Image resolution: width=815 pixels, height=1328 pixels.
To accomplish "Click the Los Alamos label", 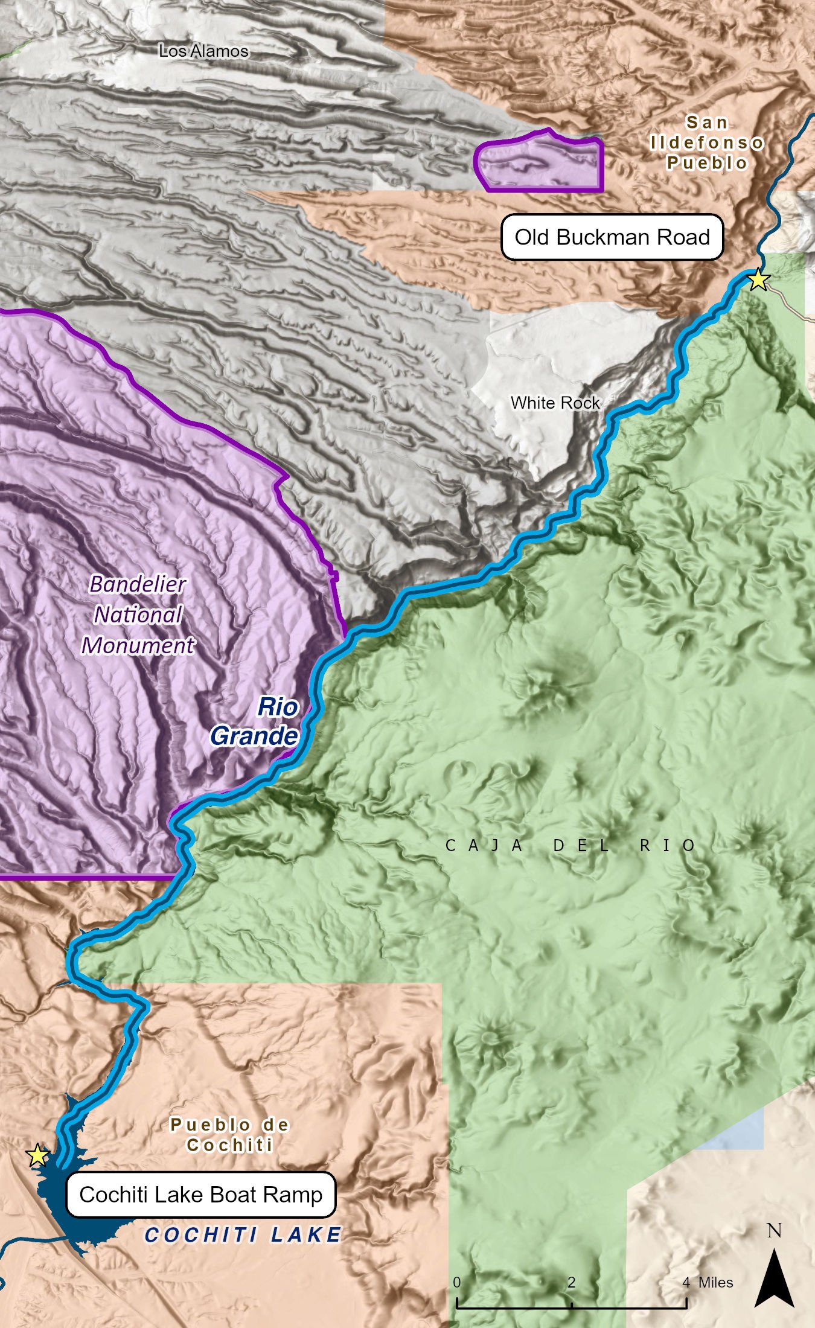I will click(x=203, y=51).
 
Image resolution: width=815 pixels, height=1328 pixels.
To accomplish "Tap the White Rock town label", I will click(x=555, y=403).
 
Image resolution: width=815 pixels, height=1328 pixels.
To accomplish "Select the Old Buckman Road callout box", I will click(x=612, y=237).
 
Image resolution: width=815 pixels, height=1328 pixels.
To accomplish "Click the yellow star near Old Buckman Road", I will click(x=758, y=280).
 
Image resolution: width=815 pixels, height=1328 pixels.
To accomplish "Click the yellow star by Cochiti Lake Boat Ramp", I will click(x=37, y=1155).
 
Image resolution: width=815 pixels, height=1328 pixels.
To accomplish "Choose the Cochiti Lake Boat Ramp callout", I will click(x=200, y=1195).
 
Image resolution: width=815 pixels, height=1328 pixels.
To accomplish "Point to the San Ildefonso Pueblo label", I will click(x=706, y=143).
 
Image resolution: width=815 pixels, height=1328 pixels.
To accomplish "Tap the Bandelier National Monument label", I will click(x=138, y=615).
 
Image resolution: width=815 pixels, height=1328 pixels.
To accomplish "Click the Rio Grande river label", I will click(x=255, y=721).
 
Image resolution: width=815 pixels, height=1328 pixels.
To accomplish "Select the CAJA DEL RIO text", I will click(x=570, y=846).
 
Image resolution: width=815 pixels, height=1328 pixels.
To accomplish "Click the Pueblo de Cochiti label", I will click(x=229, y=1135).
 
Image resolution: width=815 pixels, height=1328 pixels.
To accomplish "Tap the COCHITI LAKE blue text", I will click(x=243, y=1235).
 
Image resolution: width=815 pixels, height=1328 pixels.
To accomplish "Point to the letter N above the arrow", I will click(x=774, y=1230).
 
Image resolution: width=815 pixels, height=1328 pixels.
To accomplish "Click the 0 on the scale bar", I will click(x=457, y=1282).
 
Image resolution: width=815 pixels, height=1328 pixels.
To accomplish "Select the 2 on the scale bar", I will click(x=571, y=1282).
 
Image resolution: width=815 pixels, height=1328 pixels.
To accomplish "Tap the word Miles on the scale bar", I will click(x=715, y=1282).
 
